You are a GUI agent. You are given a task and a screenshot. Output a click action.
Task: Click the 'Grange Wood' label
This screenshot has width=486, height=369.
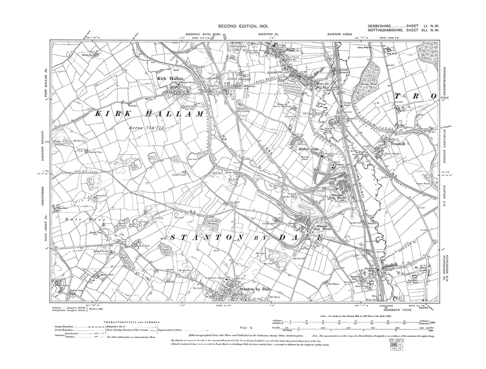coord(368,84)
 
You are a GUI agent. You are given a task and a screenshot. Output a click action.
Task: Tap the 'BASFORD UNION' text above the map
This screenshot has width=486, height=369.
coord(340,35)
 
